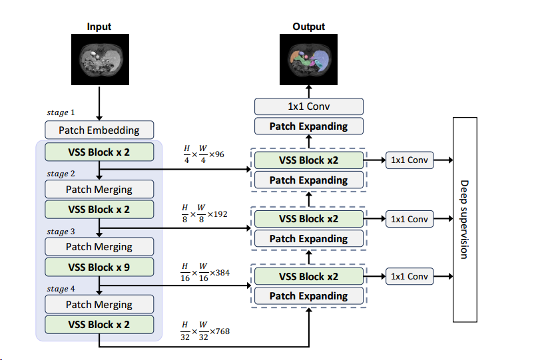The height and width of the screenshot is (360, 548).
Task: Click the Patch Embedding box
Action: pos(99,130)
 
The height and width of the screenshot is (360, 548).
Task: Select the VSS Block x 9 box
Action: pos(99,267)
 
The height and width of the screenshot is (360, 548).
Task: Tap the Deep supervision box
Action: pos(465,219)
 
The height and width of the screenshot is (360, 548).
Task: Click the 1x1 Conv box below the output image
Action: pos(309,106)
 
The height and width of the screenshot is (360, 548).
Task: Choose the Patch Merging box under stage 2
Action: pos(99,189)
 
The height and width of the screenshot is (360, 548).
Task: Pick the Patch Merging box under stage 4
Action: pos(99,305)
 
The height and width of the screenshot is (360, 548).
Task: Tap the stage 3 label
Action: pos(61,232)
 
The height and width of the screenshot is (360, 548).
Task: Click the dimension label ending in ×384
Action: pos(205,272)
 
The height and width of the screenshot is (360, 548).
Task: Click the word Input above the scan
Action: pos(99,27)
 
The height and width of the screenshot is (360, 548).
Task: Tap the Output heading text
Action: pos(309,27)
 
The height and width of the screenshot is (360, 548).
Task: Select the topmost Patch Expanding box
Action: pos(309,126)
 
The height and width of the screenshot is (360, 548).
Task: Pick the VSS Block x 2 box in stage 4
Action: pos(99,325)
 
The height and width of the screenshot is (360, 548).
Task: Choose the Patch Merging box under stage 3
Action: pos(99,247)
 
